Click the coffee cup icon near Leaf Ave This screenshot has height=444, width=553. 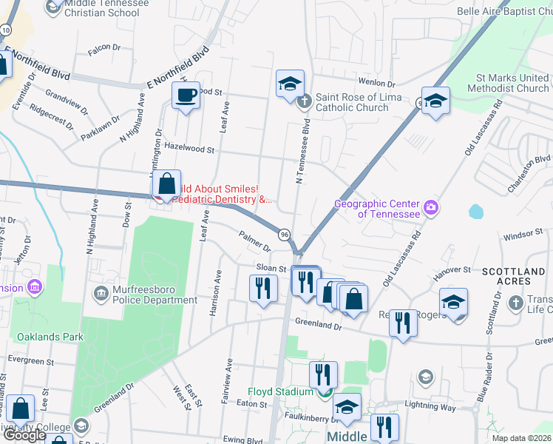tap(186, 95)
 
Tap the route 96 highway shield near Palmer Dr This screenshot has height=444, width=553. tap(285, 234)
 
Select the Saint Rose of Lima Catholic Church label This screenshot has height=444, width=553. tap(359, 102)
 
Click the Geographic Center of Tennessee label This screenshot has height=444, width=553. tap(377, 209)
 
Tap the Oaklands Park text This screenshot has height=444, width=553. tap(50, 337)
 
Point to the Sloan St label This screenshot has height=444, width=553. tap(271, 268)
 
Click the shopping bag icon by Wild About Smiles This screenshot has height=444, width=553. tap(168, 184)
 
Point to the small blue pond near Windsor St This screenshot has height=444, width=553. tap(475, 212)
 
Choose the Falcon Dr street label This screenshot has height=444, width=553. tap(104, 47)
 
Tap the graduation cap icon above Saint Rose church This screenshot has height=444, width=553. tap(291, 84)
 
